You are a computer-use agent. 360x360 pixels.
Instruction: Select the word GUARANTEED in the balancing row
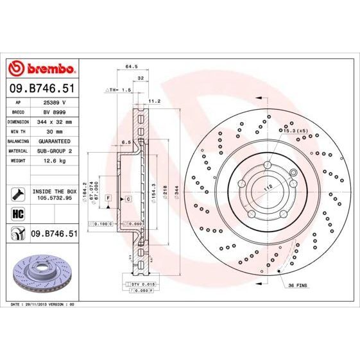55,141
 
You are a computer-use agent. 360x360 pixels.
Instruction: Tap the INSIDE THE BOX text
54,191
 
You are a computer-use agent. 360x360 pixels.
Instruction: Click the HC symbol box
17,214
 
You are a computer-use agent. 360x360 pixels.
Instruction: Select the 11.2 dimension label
154,101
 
